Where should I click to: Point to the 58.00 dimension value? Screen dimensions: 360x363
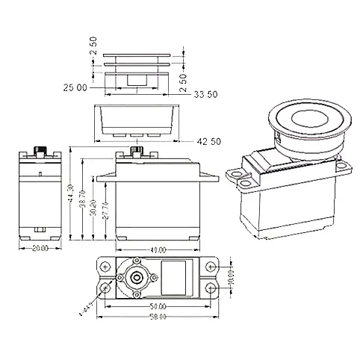click(x=158, y=317)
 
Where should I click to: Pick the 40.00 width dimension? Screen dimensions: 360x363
click(x=157, y=249)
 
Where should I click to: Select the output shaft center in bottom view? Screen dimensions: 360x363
click(x=137, y=277)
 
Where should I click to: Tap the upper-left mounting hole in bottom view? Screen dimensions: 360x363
click(x=105, y=266)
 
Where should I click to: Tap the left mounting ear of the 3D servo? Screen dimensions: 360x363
click(x=240, y=177)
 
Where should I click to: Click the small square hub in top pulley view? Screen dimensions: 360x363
click(x=137, y=80)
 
